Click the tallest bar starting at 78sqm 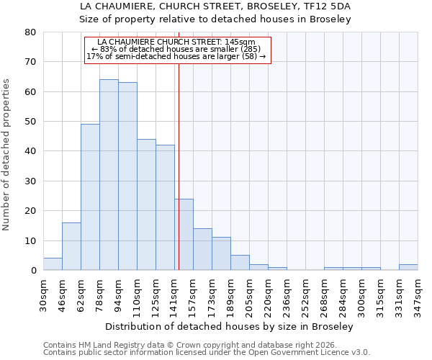click(x=109, y=175)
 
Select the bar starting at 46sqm click(x=71, y=246)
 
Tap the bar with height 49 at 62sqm click(x=90, y=197)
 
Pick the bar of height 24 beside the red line click(x=184, y=235)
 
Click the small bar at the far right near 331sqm click(x=408, y=267)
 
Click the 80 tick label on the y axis click(x=31, y=32)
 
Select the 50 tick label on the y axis click(x=31, y=122)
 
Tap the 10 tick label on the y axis click(x=31, y=240)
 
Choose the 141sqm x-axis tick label click(x=175, y=293)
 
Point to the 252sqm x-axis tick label click(x=306, y=293)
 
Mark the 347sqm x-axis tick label click(x=418, y=293)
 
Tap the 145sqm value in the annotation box click(x=240, y=42)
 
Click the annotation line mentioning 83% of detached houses click(x=176, y=49)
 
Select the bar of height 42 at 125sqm click(x=165, y=207)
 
